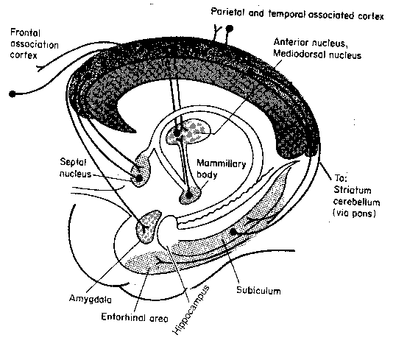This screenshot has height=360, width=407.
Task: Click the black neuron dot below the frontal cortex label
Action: point(13,93)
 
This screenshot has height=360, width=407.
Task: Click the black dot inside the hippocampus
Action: point(234,233)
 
